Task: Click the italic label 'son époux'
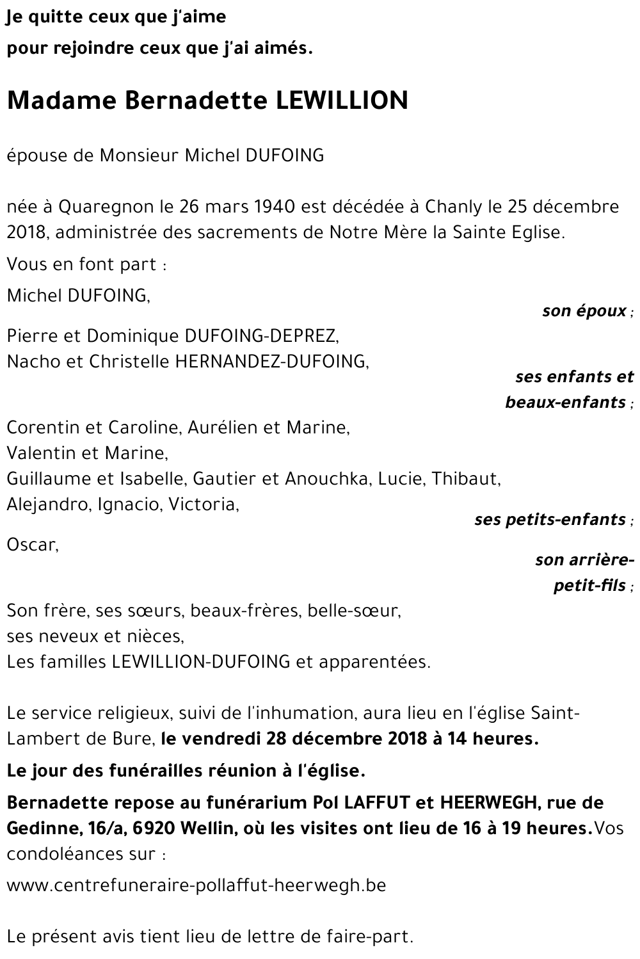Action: pyautogui.click(x=584, y=311)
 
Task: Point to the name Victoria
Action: pyautogui.click(x=203, y=504)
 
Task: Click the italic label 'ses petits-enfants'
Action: pyautogui.click(x=550, y=519)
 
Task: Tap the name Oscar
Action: pyautogui.click(x=31, y=545)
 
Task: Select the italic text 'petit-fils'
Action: pyautogui.click(x=589, y=586)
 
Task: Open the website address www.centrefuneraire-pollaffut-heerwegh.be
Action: pyautogui.click(x=196, y=885)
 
